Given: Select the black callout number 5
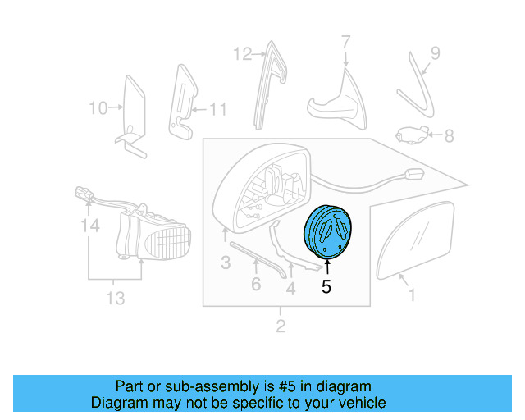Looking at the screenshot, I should (326, 287).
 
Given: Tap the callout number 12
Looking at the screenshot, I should (242, 55).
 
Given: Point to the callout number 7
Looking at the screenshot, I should (345, 41).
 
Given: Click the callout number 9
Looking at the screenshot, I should (435, 53).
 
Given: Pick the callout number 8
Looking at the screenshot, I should (449, 136).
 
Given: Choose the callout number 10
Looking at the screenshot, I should (98, 107).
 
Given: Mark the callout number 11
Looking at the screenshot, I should (217, 108).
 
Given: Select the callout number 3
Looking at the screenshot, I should (225, 262).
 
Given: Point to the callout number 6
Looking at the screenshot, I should (256, 285).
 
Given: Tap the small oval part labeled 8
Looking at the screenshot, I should (410, 135).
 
